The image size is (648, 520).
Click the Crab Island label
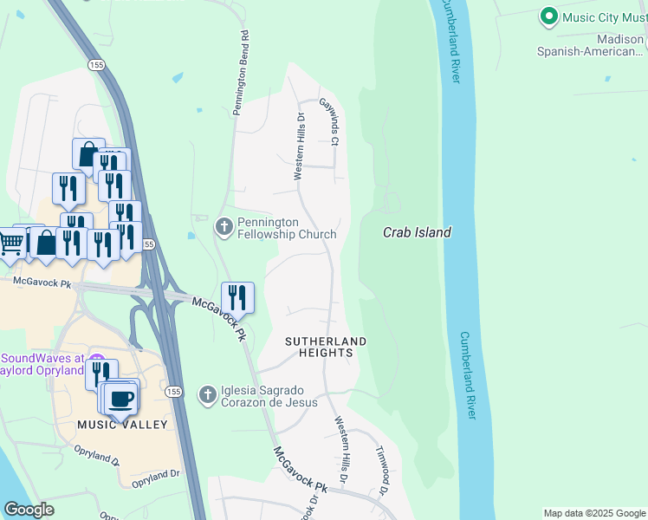click(x=417, y=232)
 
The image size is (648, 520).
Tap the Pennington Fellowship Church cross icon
click(x=224, y=227)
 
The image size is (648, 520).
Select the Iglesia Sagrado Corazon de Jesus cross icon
click(x=207, y=395)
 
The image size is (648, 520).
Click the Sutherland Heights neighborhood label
click(x=326, y=347)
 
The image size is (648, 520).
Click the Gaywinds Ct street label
click(x=328, y=120)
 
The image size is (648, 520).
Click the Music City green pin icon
click(x=548, y=16)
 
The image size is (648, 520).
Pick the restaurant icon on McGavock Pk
click(x=237, y=297)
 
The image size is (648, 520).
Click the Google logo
click(x=29, y=510)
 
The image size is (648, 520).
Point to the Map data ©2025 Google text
click(x=594, y=513)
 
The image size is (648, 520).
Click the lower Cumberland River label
click(x=469, y=375)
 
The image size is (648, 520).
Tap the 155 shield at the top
click(x=95, y=64)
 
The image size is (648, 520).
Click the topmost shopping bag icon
click(x=88, y=153)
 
